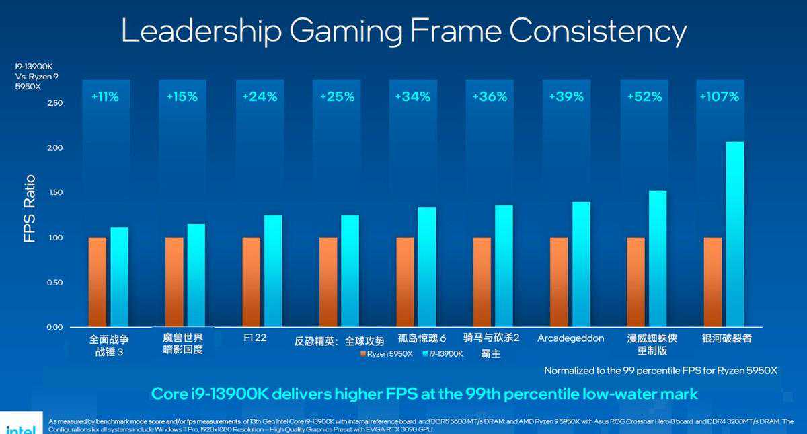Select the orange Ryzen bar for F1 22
(x=252, y=282)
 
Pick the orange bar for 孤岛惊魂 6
(x=406, y=282)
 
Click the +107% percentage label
(x=719, y=97)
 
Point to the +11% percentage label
(x=105, y=97)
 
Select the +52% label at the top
(x=644, y=97)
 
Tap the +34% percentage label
(x=413, y=97)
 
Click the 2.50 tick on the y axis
(x=54, y=103)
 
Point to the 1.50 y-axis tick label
(x=54, y=192)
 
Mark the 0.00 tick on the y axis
(x=54, y=327)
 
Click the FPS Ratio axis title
(x=30, y=209)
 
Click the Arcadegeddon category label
(x=570, y=338)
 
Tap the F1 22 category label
(x=255, y=338)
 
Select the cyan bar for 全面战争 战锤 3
(x=120, y=277)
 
